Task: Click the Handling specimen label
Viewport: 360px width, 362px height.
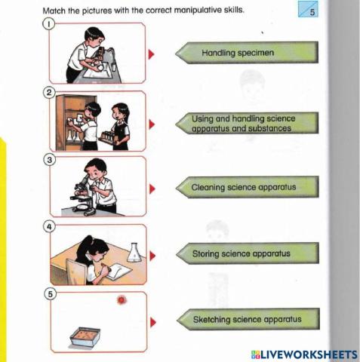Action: [248, 54]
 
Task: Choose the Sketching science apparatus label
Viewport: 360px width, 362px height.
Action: [248, 319]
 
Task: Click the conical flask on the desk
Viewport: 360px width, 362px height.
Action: [134, 252]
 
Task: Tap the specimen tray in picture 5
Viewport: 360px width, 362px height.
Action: [86, 336]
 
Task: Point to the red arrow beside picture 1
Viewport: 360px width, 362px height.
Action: [152, 54]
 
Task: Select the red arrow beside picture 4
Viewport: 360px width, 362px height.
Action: [152, 255]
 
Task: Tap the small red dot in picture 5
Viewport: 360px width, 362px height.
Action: [120, 300]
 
